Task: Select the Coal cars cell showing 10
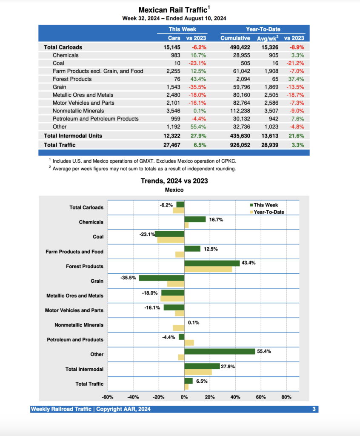point(177,63)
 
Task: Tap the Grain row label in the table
point(59,87)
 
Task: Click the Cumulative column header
point(235,38)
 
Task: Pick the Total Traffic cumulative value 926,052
point(237,145)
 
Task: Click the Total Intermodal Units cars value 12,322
point(172,136)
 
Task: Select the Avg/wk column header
point(267,38)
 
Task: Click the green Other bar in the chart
point(220,352)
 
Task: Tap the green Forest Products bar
point(212,264)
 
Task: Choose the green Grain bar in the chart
point(162,278)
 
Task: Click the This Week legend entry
point(266,205)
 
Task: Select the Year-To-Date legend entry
point(269,212)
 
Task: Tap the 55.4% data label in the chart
point(264,352)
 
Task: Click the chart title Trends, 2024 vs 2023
point(174,181)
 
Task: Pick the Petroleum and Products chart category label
point(75,340)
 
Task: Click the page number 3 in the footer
point(314,409)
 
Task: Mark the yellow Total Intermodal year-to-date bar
point(198,372)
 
